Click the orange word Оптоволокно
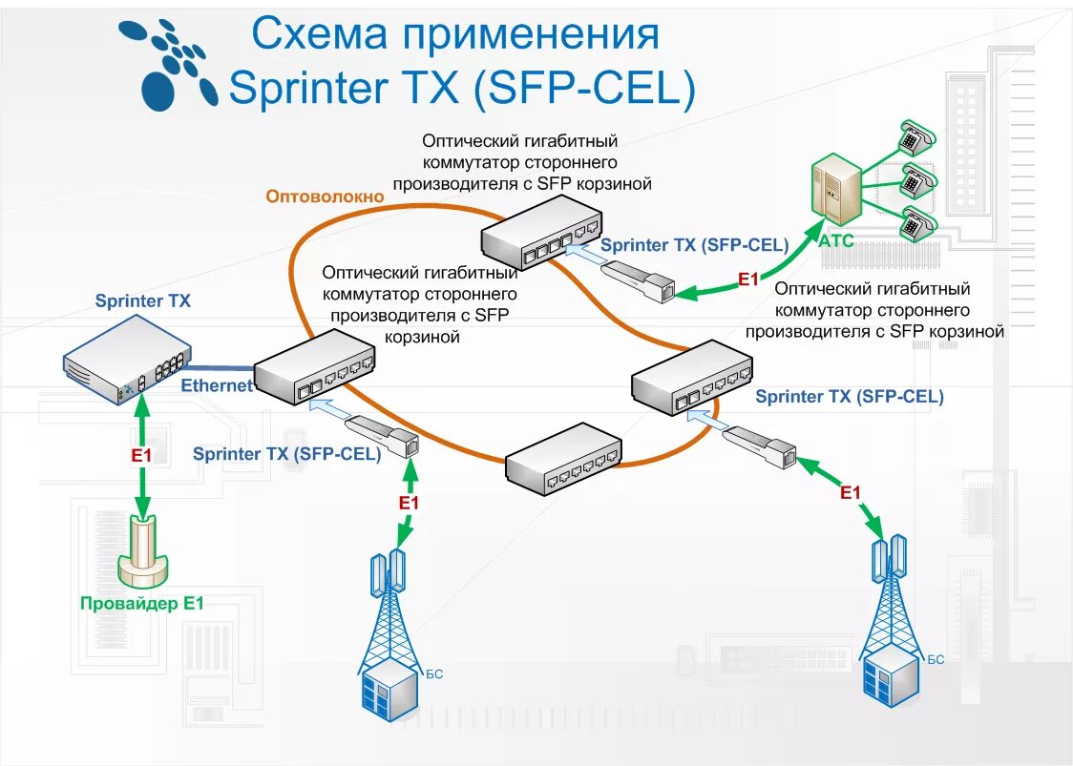click(325, 197)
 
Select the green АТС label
click(835, 240)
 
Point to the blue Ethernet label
click(217, 385)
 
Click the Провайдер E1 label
click(142, 603)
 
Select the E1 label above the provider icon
click(141, 456)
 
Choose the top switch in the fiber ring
click(540, 236)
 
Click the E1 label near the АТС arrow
click(747, 279)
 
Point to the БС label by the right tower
click(936, 659)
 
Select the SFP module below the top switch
click(639, 279)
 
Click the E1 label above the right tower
click(850, 492)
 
